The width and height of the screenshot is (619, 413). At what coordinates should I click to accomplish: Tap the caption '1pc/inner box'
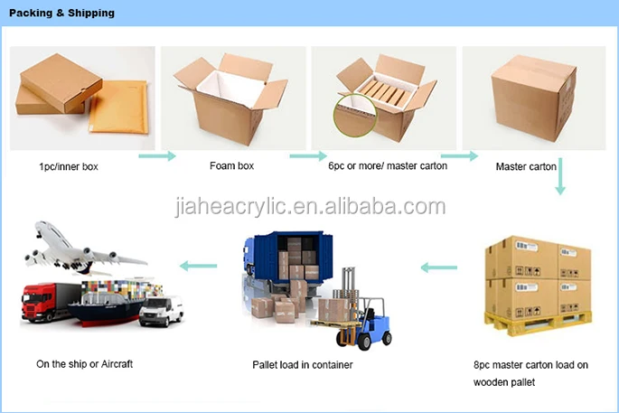pos(70,167)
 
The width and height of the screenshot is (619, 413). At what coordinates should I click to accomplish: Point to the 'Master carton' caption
pos(526,167)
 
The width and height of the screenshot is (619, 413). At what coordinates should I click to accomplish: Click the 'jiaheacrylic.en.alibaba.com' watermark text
pos(309,207)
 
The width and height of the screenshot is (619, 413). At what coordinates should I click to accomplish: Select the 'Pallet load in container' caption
pos(302,365)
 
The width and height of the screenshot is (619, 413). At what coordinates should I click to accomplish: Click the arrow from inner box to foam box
pos(157,157)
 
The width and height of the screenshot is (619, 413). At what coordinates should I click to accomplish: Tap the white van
pos(163,310)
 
